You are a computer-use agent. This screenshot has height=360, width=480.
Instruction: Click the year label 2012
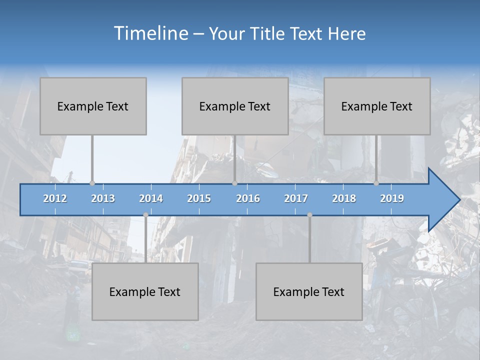point(55,198)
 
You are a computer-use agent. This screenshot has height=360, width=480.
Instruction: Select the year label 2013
point(103,198)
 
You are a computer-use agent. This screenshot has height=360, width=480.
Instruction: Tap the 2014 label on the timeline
point(151,198)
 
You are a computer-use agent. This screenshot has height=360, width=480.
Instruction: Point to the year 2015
point(199,198)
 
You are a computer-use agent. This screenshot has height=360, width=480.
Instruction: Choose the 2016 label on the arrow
point(248,198)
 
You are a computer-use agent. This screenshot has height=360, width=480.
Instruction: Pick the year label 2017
point(296,198)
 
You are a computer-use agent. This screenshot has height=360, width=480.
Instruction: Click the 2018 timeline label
point(344,198)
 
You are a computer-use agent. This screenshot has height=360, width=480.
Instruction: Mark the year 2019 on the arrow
point(392,198)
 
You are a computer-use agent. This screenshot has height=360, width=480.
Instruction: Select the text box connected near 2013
point(93,106)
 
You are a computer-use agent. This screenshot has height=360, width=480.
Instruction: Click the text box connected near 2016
point(235,106)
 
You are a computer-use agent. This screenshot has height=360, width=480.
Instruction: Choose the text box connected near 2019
point(377,106)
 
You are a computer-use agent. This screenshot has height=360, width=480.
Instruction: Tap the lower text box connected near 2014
point(145,291)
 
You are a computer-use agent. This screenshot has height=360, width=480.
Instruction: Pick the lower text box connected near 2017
point(309,291)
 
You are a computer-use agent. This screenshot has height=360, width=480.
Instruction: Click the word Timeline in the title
point(150,33)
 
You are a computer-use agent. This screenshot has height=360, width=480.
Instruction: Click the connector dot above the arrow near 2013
point(92,183)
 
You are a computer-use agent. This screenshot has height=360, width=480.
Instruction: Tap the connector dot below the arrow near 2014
point(145,215)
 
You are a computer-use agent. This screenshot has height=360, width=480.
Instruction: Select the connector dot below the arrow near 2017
point(309,215)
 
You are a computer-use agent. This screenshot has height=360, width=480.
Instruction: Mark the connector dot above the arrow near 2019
point(376,183)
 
